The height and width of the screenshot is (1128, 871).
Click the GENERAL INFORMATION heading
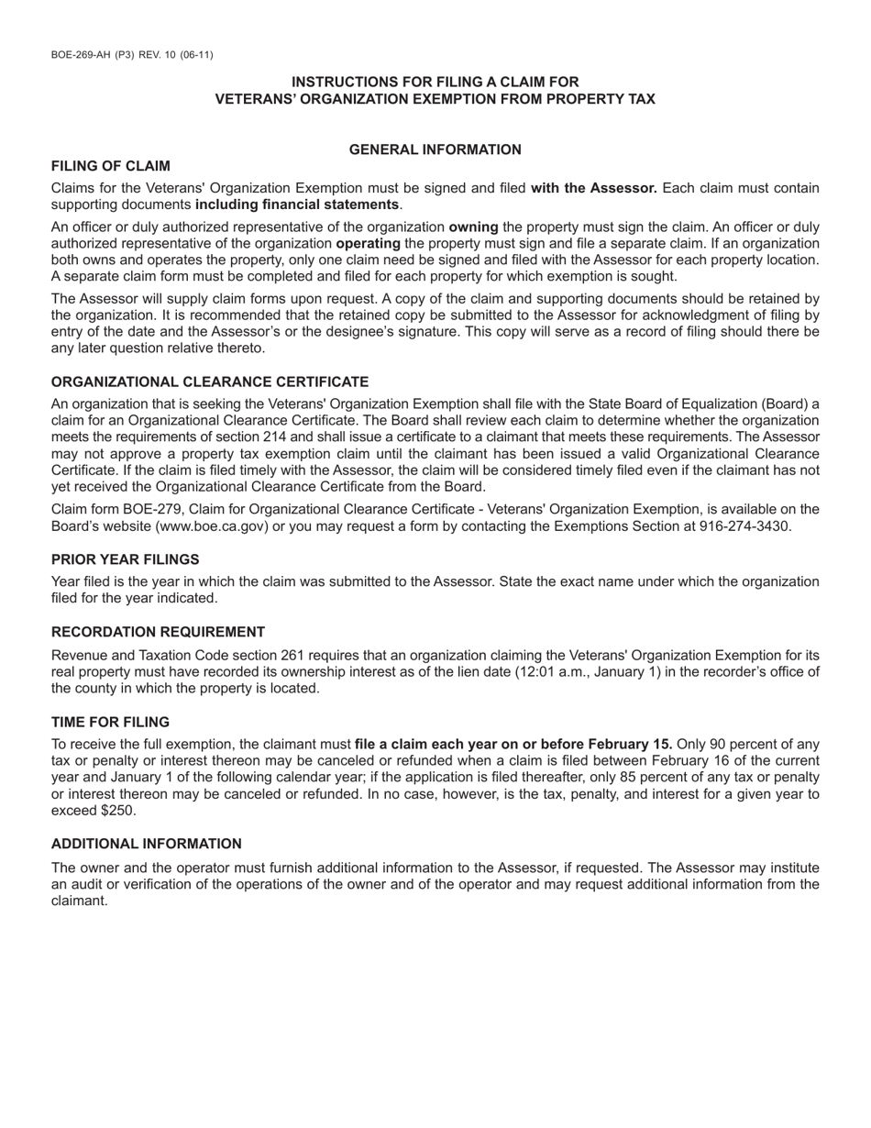pos(435,149)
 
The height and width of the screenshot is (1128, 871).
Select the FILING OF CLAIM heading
pos(110,166)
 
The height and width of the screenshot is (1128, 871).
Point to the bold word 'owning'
pos(473,227)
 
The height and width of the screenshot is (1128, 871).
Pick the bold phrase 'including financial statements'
pos(297,205)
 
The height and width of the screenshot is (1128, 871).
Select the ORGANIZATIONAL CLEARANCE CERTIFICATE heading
pos(210,382)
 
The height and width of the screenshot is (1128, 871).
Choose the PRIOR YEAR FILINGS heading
pos(125,559)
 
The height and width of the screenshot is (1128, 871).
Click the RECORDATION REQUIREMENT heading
pos(158,632)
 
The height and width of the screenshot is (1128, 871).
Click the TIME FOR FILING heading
pos(110,722)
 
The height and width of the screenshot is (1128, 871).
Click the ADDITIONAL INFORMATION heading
pos(147,844)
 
